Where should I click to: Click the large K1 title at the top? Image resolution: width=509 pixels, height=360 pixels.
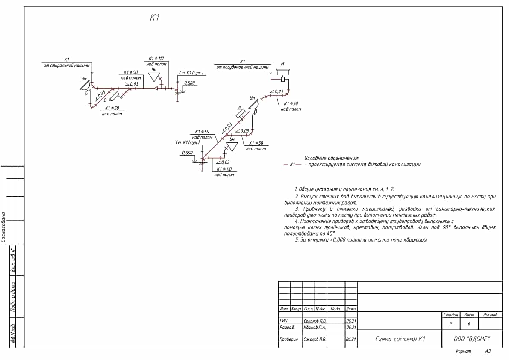[x=155, y=18]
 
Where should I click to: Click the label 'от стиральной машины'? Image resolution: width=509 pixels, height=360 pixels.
[x=67, y=65]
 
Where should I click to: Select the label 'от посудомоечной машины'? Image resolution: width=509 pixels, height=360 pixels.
[x=242, y=68]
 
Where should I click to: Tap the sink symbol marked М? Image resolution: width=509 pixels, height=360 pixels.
[x=282, y=71]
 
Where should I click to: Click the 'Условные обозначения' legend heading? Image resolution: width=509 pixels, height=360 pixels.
[x=331, y=158]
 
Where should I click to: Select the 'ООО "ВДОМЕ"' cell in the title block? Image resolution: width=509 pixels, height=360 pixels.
[x=472, y=339]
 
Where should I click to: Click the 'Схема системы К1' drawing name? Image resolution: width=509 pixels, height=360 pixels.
[x=400, y=339]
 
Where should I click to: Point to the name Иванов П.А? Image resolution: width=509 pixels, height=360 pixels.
[x=315, y=327]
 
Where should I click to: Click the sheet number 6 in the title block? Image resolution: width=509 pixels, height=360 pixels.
[x=469, y=324]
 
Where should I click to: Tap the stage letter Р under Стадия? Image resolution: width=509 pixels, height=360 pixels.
[x=451, y=324]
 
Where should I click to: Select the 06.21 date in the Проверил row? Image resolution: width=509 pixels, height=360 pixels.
[x=351, y=339]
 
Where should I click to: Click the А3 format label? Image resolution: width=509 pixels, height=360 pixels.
[x=488, y=351]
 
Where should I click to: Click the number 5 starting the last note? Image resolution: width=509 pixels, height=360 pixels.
[x=296, y=240]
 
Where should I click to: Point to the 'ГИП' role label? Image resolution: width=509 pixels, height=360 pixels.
[x=283, y=321]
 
